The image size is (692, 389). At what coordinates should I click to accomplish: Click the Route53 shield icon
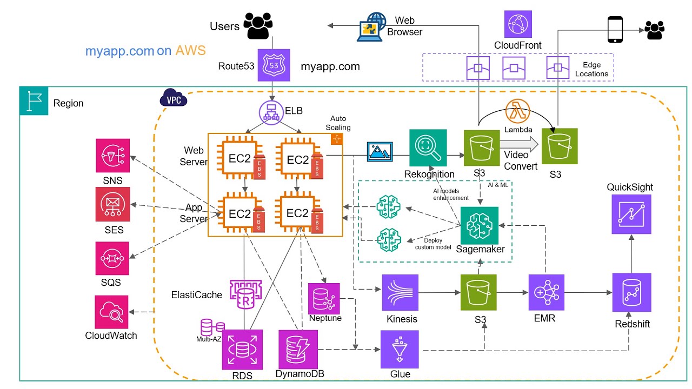(x=274, y=65)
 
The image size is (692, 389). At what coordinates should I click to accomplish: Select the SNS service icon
(x=112, y=156)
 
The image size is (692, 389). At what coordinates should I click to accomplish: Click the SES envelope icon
(x=112, y=204)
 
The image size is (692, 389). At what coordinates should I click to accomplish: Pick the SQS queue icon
(x=112, y=259)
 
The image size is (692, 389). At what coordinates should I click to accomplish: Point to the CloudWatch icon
(x=112, y=312)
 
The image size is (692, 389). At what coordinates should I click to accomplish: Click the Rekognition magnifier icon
(x=428, y=147)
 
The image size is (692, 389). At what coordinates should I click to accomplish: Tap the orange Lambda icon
(x=517, y=112)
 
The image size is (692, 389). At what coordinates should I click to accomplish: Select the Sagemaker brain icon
(x=479, y=225)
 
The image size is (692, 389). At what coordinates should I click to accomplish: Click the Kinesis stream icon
(x=400, y=293)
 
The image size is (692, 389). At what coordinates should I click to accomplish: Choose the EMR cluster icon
(x=546, y=292)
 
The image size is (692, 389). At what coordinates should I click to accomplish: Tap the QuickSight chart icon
(x=631, y=214)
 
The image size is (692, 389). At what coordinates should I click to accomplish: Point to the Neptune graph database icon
(x=324, y=298)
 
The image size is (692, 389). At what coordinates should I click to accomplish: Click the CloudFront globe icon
(x=518, y=25)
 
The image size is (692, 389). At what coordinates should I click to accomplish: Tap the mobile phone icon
(x=616, y=29)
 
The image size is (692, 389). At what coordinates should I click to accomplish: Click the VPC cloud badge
(x=173, y=99)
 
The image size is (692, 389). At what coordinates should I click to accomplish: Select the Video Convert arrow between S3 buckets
(x=518, y=144)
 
